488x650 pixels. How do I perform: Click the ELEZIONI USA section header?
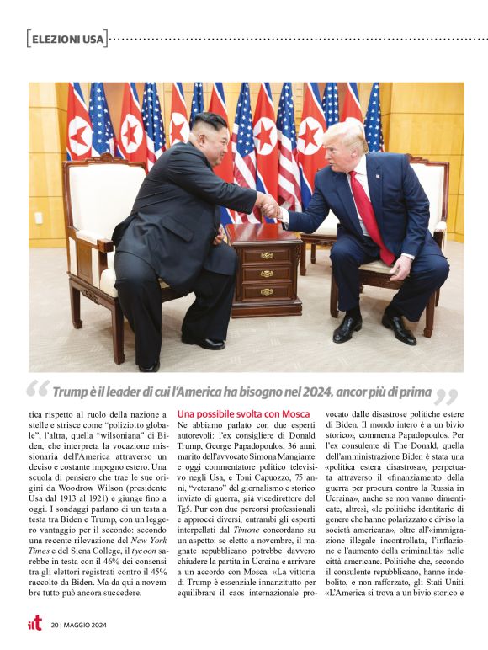(x=67, y=39)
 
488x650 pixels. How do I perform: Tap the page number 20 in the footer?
(x=55, y=625)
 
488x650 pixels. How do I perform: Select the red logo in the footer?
(x=34, y=623)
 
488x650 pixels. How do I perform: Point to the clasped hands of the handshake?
(x=267, y=206)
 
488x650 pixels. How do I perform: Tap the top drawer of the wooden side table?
(x=266, y=255)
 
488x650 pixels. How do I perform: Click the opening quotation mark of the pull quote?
(x=38, y=392)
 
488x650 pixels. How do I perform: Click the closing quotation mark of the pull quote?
(x=448, y=395)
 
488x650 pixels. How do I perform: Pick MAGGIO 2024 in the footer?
(x=89, y=625)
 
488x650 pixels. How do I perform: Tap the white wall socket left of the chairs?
(x=38, y=217)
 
